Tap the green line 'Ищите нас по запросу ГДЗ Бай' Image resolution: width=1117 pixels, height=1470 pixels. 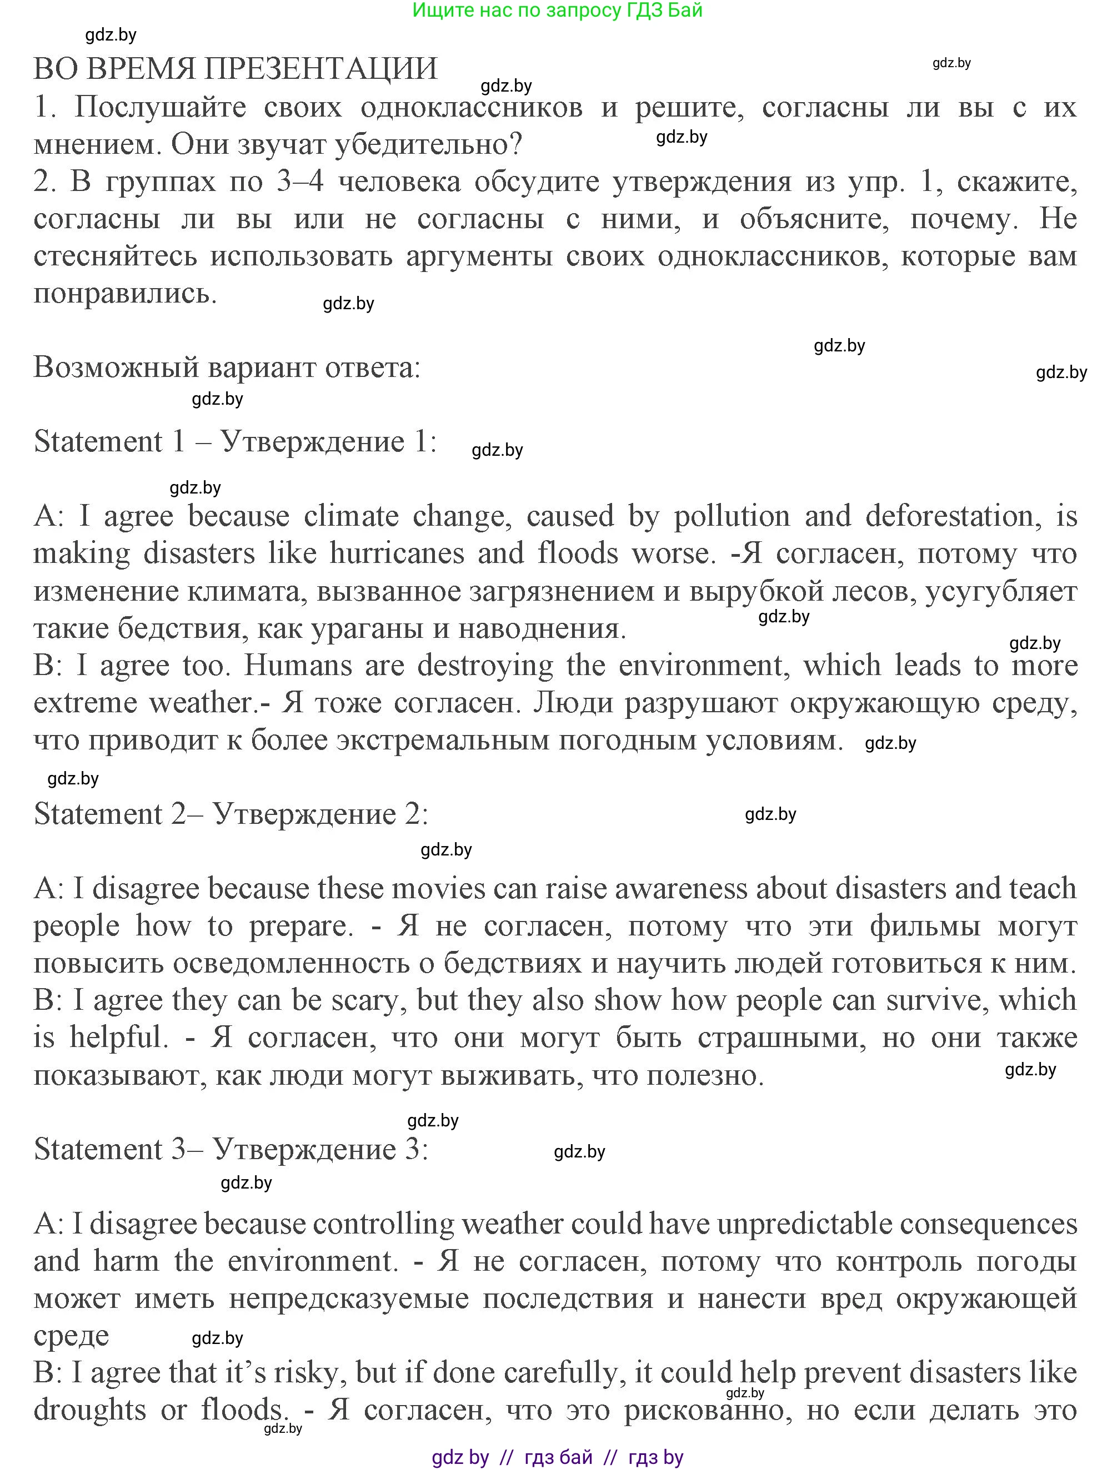point(557,11)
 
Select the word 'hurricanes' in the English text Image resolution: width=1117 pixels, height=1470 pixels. point(397,553)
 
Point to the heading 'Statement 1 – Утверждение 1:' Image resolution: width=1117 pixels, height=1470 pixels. point(236,442)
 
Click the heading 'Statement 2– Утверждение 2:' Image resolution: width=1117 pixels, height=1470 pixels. point(231,814)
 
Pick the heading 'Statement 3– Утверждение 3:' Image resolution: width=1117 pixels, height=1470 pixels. point(231,1149)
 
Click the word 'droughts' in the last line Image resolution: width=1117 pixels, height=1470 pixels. point(90,1409)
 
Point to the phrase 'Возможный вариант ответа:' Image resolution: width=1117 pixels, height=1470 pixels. point(227,367)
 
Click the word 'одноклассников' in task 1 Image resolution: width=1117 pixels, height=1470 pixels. point(472,107)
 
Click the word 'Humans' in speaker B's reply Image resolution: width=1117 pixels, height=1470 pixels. point(298,665)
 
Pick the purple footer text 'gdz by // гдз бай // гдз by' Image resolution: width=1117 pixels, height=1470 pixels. point(557,1457)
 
